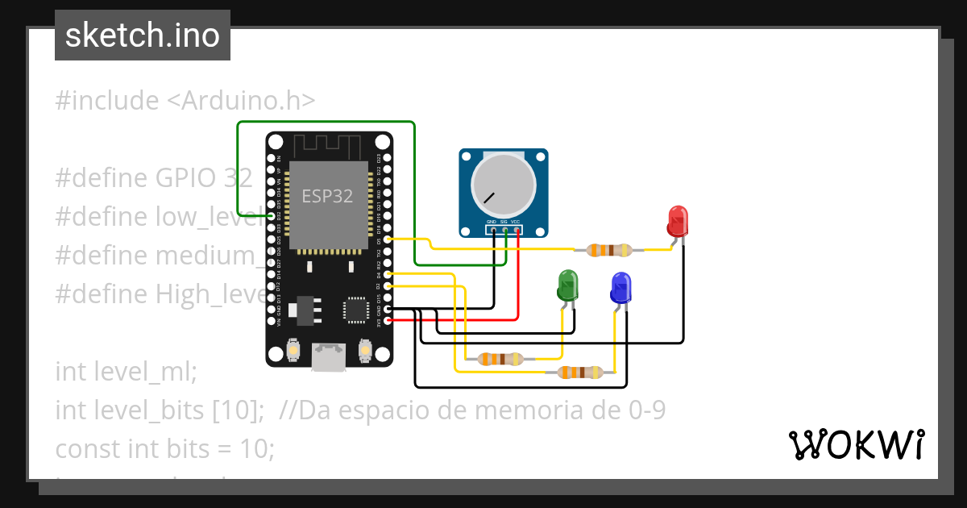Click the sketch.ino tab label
click(x=142, y=35)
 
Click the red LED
click(x=678, y=221)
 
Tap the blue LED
click(x=620, y=287)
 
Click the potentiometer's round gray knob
click(x=503, y=185)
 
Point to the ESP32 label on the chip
click(x=327, y=196)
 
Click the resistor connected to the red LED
click(x=608, y=250)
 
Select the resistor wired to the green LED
click(x=500, y=359)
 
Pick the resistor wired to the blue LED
click(x=580, y=372)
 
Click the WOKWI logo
click(x=856, y=444)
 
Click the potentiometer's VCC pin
click(x=517, y=231)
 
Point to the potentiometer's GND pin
click(x=492, y=231)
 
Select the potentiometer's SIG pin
click(x=504, y=231)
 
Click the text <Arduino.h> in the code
click(x=241, y=101)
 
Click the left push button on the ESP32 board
click(x=293, y=350)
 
